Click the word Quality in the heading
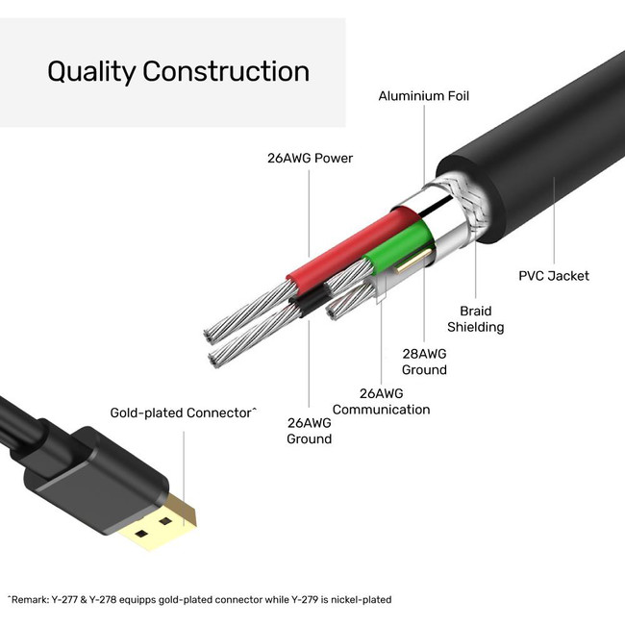pyautogui.click(x=91, y=72)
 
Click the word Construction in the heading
pyautogui.click(x=226, y=72)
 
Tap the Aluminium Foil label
pyautogui.click(x=424, y=96)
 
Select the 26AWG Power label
pyautogui.click(x=310, y=158)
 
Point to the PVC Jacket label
pyautogui.click(x=554, y=276)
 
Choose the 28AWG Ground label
pyautogui.click(x=424, y=362)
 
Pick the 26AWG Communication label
pyautogui.click(x=381, y=402)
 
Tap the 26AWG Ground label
pyautogui.click(x=309, y=431)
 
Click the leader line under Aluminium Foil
pyautogui.click(x=424, y=144)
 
